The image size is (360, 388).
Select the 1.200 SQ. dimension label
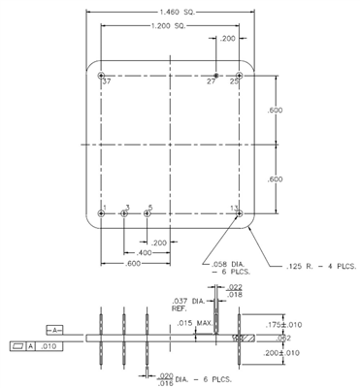point(172,26)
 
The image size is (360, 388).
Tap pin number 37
point(106,82)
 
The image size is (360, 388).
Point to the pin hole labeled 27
point(215,75)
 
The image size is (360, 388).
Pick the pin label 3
point(126,208)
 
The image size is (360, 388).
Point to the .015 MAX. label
point(192,322)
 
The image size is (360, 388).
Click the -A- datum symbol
point(54,329)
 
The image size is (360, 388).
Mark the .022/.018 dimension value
point(234,290)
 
